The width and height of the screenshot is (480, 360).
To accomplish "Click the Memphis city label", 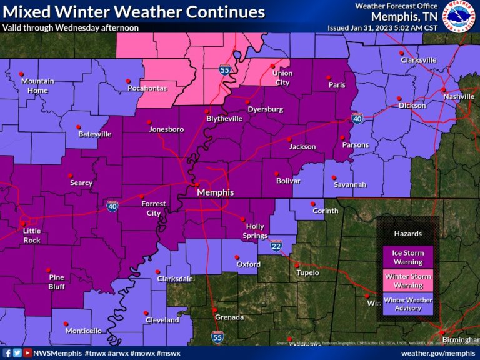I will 215,192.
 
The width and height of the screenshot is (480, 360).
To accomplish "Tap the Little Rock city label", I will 32,236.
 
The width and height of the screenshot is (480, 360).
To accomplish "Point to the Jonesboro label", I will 166,129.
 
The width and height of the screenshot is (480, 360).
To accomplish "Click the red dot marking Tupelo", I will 297,265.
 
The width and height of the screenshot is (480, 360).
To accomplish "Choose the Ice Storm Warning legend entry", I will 408,257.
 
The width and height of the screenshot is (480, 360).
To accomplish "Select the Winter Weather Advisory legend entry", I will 408,304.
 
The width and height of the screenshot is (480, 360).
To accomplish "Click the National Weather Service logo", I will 459,16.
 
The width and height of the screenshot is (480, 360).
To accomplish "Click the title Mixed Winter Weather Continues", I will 134,12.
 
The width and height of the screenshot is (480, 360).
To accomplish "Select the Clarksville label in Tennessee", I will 418,60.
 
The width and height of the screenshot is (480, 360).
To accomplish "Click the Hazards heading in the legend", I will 407,234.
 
